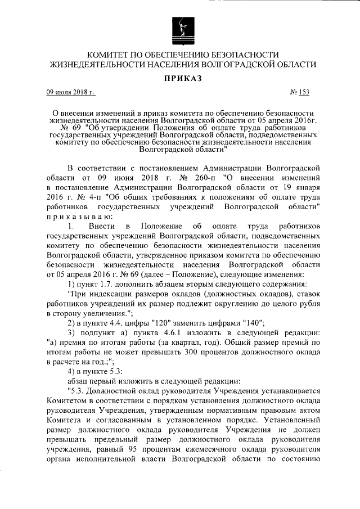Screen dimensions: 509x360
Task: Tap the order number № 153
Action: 299,92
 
